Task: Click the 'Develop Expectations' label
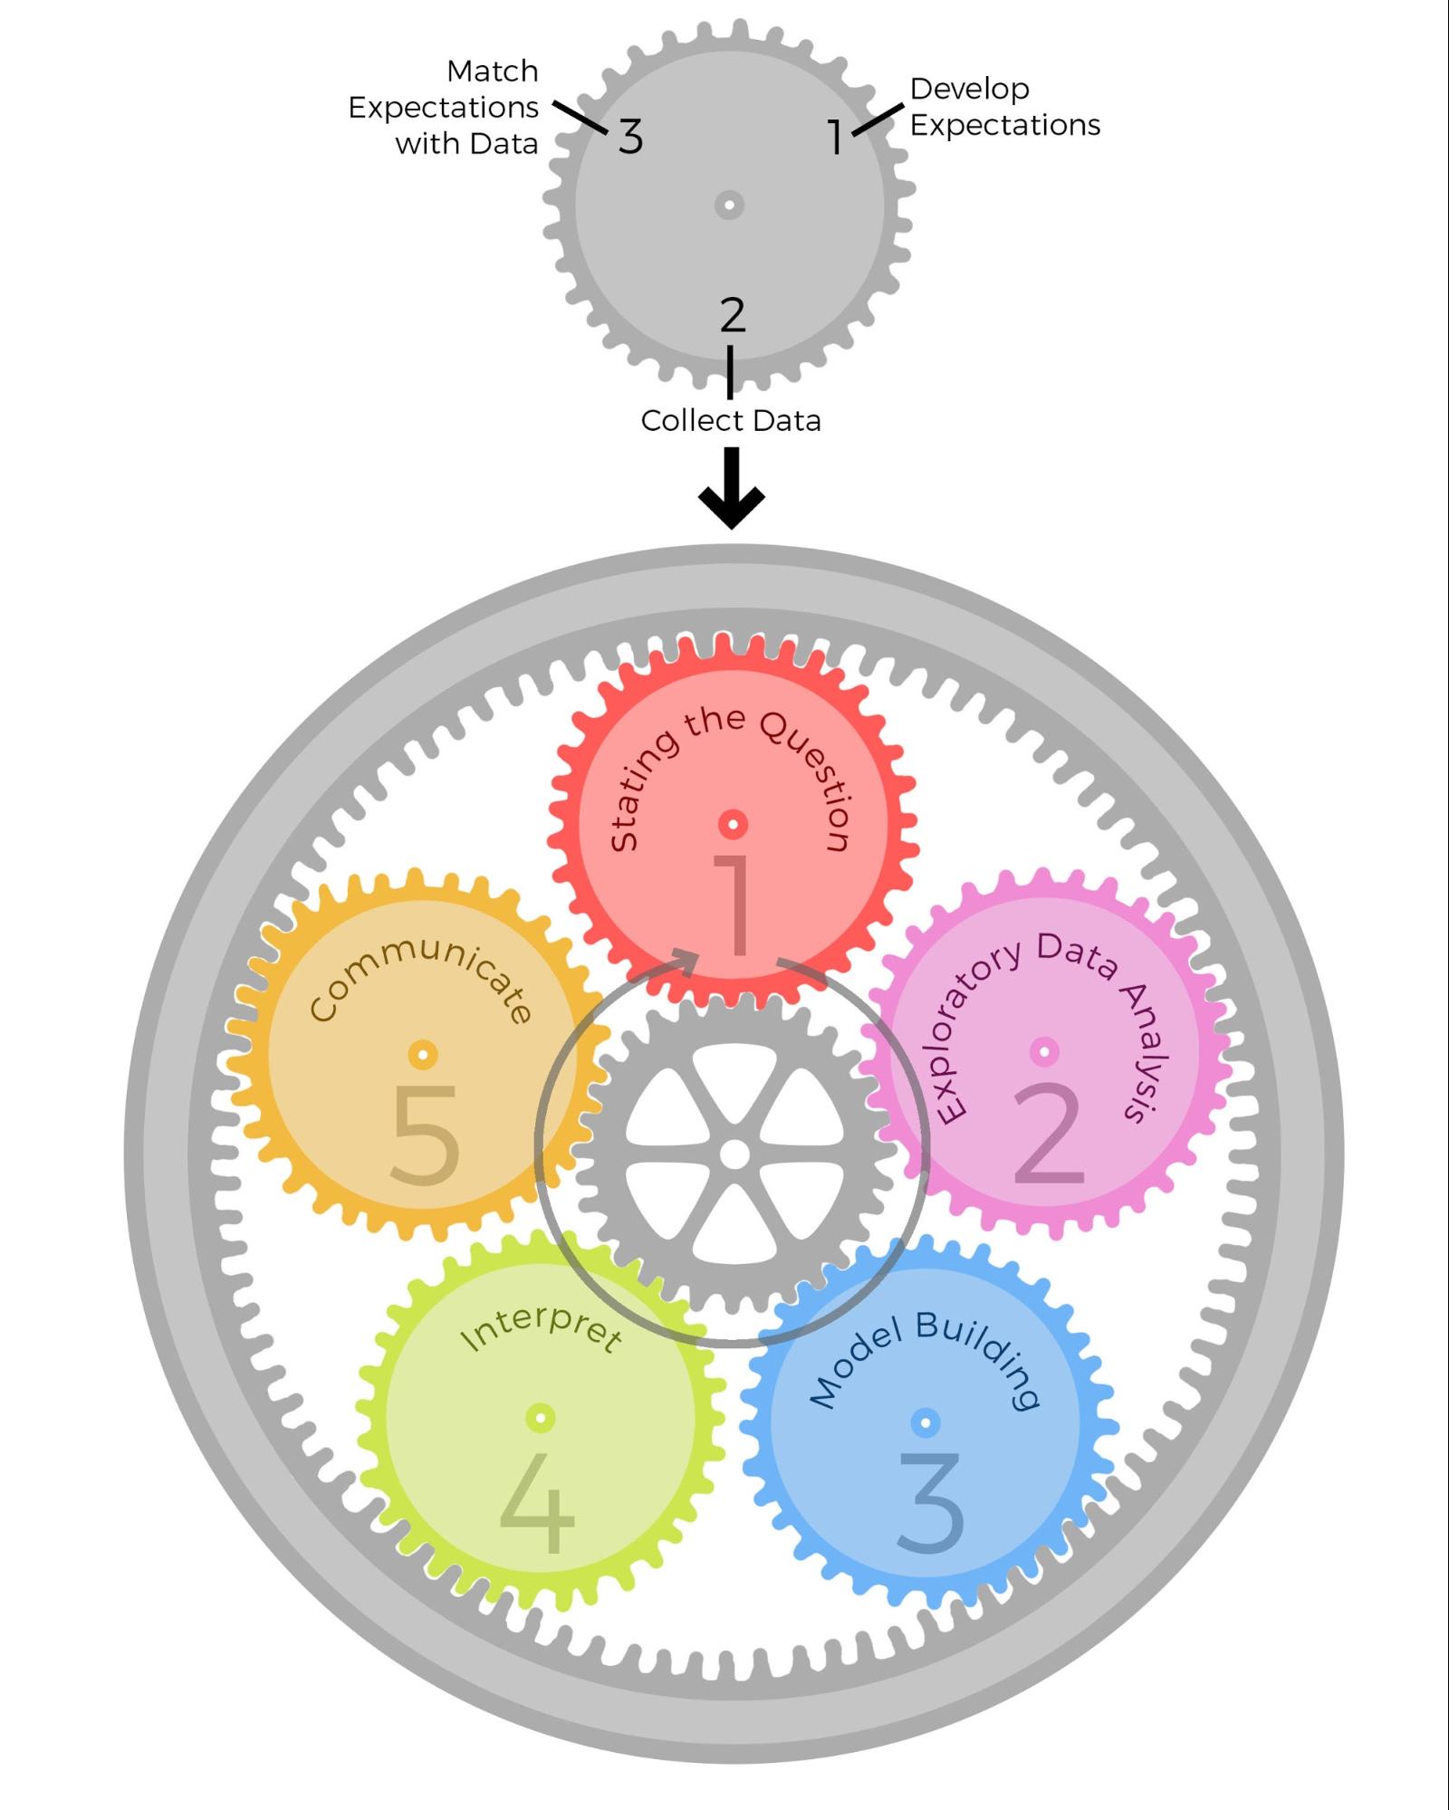(x=1005, y=107)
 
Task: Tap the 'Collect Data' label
(x=731, y=420)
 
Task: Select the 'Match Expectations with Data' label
(x=444, y=107)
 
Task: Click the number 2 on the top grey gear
(x=733, y=314)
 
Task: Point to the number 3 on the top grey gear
(x=631, y=137)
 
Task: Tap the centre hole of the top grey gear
(x=729, y=205)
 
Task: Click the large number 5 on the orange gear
(x=425, y=1135)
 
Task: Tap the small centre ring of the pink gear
(x=1044, y=1051)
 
